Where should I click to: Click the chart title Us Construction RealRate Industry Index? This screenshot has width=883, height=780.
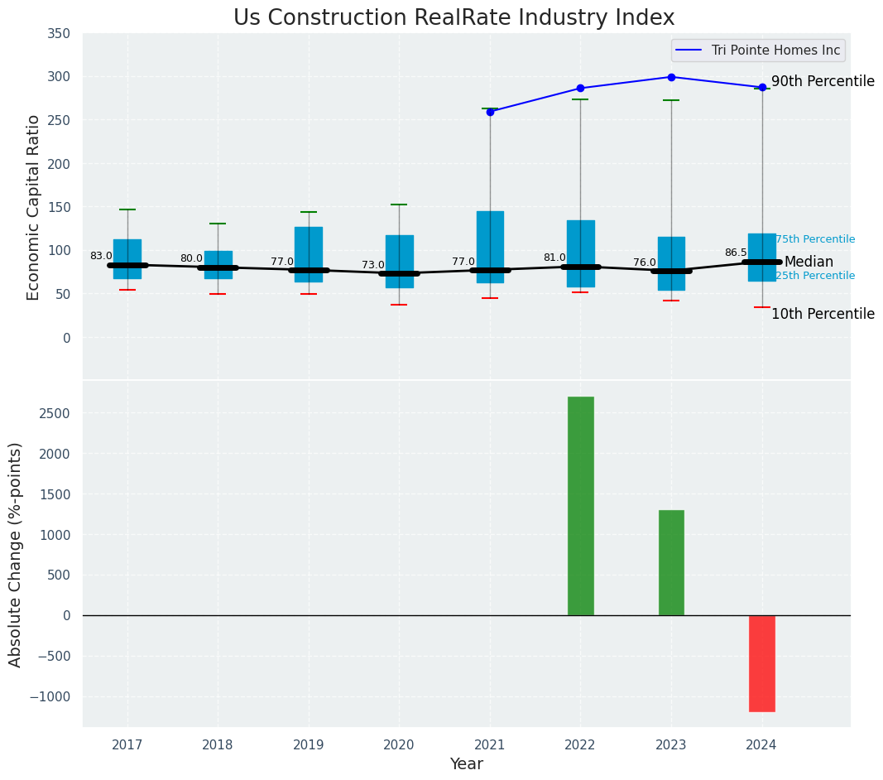(453, 18)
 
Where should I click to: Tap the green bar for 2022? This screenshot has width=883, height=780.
(580, 505)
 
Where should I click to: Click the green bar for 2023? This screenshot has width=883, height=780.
(671, 562)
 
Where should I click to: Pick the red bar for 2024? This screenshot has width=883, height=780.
(761, 663)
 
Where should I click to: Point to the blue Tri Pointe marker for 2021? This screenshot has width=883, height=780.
(490, 112)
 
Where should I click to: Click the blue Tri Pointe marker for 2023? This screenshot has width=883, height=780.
(671, 77)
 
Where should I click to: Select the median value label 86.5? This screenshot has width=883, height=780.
(736, 253)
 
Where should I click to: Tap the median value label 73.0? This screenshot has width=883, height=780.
(372, 265)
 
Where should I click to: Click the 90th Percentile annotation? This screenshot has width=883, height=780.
(823, 81)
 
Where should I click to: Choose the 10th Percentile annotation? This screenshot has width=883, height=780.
(823, 314)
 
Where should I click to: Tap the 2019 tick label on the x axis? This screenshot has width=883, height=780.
(309, 745)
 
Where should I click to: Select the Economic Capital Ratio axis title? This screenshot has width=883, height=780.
(34, 207)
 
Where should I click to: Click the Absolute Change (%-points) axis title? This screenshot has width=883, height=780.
(16, 554)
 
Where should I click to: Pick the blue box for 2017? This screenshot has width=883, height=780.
(127, 258)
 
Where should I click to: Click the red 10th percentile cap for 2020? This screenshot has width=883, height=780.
(399, 305)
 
